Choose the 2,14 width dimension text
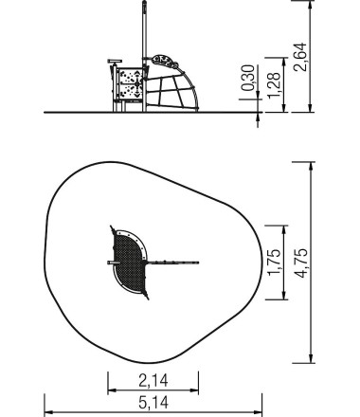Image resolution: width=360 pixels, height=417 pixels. [x=153, y=380]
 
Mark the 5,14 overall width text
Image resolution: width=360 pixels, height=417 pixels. [x=153, y=402]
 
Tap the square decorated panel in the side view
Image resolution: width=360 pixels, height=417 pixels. [x=128, y=85]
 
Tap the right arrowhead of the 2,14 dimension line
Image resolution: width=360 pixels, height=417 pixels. [x=197, y=390]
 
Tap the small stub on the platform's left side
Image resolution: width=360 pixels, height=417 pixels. [x=103, y=260]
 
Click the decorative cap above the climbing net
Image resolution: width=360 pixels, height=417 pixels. [x=167, y=60]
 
